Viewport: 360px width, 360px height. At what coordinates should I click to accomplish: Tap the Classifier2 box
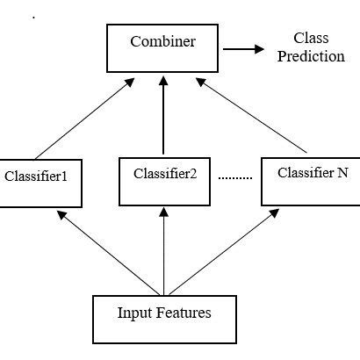pyautogui.click(x=163, y=172)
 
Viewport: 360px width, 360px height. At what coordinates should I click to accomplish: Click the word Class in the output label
pyautogui.click(x=308, y=39)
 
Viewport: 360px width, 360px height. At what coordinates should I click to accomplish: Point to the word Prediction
pyautogui.click(x=308, y=57)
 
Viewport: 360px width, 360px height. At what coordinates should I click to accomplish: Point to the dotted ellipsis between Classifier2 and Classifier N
pyautogui.click(x=234, y=177)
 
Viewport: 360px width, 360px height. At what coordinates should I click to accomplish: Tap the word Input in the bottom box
pyautogui.click(x=134, y=312)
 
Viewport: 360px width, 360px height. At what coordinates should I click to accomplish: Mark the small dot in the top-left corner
pyautogui.click(x=34, y=18)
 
